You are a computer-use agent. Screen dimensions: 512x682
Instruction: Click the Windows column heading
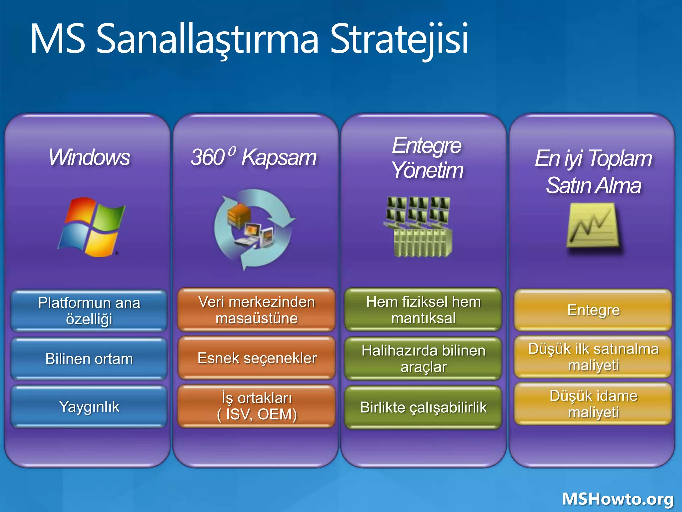pyautogui.click(x=89, y=157)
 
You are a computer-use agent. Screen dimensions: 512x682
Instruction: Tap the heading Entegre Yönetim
pyautogui.click(x=427, y=158)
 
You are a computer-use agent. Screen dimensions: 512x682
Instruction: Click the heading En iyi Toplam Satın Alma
pyautogui.click(x=593, y=171)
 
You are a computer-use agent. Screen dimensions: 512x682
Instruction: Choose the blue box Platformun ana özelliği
pyautogui.click(x=89, y=311)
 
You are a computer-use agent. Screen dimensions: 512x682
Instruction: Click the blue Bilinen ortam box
pyautogui.click(x=89, y=359)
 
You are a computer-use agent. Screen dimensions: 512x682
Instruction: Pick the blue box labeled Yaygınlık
pyautogui.click(x=89, y=407)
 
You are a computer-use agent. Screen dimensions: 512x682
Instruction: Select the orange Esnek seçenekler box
pyautogui.click(x=257, y=358)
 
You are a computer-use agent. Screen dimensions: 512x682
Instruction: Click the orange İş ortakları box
pyautogui.click(x=257, y=406)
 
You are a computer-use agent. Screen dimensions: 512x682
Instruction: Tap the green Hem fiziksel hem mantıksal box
pyautogui.click(x=423, y=310)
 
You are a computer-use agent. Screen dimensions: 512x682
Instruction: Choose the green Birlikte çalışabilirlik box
pyautogui.click(x=423, y=407)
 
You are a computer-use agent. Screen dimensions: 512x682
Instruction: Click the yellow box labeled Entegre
pyautogui.click(x=593, y=310)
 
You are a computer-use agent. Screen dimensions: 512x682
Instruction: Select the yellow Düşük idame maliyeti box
pyautogui.click(x=593, y=404)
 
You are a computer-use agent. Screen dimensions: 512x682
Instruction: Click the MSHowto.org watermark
pyautogui.click(x=618, y=499)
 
